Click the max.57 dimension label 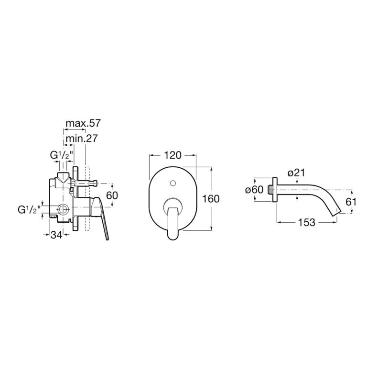click(83, 123)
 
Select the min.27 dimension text click(81, 139)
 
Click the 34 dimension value click(56, 235)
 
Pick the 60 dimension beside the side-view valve click(112, 195)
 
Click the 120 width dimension click(173, 155)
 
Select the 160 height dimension click(211, 199)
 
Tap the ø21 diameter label click(296, 173)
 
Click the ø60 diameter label click(254, 189)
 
